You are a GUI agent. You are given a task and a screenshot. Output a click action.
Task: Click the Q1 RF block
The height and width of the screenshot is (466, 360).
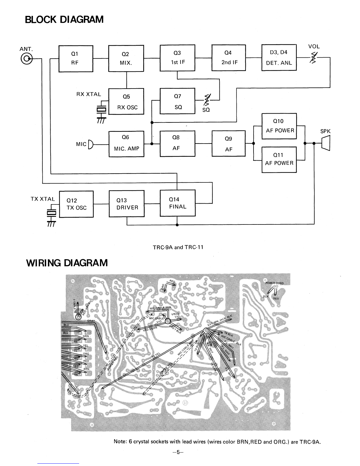(x=76, y=59)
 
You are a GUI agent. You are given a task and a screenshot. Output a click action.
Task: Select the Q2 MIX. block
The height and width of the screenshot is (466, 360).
(x=126, y=59)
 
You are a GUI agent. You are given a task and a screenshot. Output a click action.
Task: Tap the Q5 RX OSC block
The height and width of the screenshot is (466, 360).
(x=126, y=102)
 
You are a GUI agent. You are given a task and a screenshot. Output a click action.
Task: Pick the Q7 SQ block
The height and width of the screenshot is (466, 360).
(x=177, y=101)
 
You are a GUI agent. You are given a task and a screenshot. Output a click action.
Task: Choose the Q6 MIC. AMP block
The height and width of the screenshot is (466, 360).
(x=126, y=144)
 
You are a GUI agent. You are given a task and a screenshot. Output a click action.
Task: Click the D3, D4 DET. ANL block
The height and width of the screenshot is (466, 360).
(x=279, y=58)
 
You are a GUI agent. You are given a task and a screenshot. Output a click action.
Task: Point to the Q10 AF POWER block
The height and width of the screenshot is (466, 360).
(x=279, y=126)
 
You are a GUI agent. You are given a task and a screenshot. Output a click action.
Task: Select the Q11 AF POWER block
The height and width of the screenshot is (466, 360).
(x=279, y=159)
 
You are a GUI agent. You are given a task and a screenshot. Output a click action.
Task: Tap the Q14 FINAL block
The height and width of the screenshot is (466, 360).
(x=177, y=203)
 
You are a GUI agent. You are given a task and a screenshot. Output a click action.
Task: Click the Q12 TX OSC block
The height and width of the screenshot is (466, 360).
(x=76, y=204)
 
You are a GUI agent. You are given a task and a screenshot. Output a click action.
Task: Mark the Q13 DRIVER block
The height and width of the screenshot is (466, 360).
(x=127, y=204)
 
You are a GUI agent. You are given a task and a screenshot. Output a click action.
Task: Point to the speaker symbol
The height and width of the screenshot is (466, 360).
(x=326, y=144)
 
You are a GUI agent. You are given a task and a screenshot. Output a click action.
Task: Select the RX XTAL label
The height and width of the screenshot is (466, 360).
(x=89, y=94)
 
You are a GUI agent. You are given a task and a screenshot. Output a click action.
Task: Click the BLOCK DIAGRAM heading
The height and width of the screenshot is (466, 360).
(x=64, y=19)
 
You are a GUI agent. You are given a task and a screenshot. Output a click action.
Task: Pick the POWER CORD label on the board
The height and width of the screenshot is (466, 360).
(x=274, y=283)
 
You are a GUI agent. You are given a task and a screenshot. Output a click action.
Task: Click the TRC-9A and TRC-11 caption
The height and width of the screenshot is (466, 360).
(x=178, y=247)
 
